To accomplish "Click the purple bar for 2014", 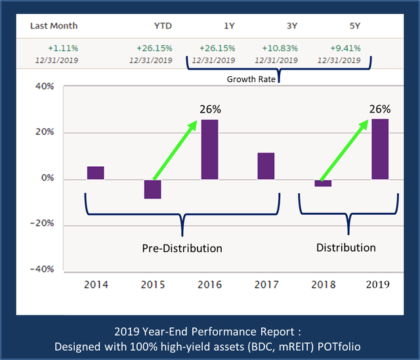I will (x=95, y=173).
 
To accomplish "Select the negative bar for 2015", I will (x=152, y=189).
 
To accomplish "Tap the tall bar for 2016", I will (x=209, y=149).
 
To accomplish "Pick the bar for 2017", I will (x=266, y=166).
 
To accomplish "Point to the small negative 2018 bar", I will (x=323, y=183).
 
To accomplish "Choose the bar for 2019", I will (x=380, y=149).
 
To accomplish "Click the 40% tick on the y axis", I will (x=43, y=86).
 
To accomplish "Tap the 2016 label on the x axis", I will (x=209, y=284).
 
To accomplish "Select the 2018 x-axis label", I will (x=323, y=284).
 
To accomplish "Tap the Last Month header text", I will (x=54, y=26).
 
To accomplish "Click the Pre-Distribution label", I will (x=182, y=248).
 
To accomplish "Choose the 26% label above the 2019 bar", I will (x=379, y=109).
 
